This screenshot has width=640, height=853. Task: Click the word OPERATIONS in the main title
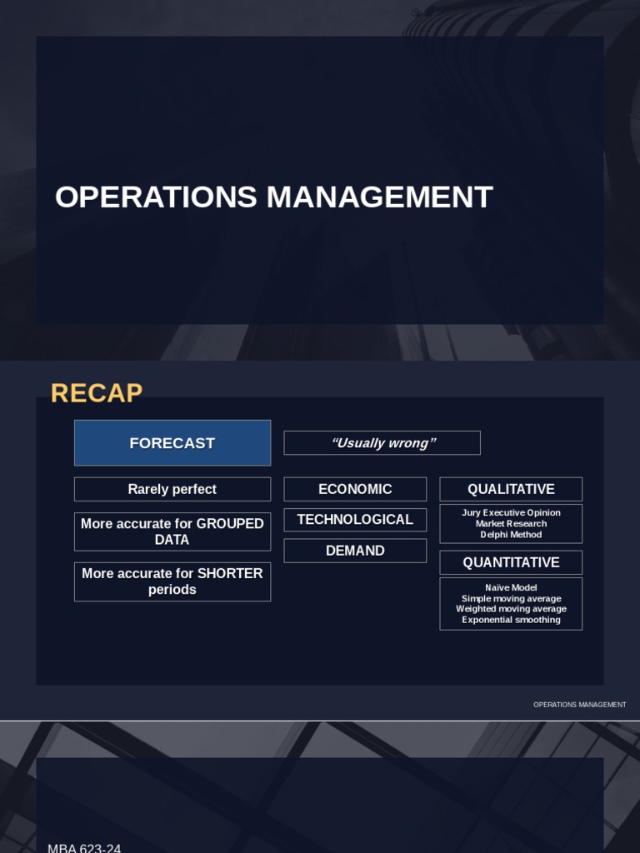156,197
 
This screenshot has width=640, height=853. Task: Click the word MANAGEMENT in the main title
380,197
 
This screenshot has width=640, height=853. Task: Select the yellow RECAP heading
97,393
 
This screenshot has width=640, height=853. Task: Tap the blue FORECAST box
172,443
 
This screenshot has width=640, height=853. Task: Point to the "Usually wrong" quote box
382,443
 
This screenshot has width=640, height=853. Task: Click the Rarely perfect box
172,489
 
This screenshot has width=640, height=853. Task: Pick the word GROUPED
230,523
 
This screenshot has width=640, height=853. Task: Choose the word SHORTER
230,573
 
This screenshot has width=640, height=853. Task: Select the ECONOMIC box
355,489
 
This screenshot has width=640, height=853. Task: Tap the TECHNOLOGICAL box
355,520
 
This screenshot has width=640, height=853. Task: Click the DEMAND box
355,551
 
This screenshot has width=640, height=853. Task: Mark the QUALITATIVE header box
511,489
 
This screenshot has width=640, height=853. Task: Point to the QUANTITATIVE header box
511,562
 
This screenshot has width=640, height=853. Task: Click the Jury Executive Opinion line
511,512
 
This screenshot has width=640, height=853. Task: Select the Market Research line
511,523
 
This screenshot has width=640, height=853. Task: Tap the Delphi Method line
511,534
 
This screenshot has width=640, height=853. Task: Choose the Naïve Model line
511,587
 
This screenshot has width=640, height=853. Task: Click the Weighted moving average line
511,609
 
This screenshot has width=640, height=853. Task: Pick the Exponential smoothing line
511,620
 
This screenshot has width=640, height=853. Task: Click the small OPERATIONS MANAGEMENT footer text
580,705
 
